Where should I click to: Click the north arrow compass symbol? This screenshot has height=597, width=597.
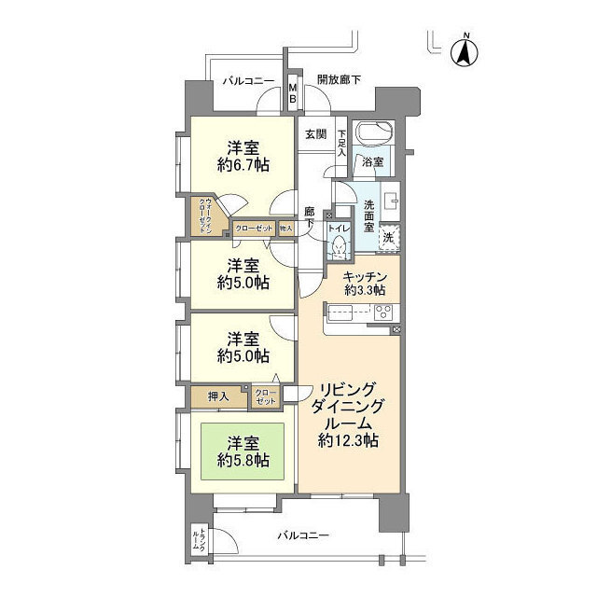pyautogui.click(x=464, y=51)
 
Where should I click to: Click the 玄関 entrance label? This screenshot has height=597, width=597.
pyautogui.click(x=314, y=133)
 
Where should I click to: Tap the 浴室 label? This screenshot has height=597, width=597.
pyautogui.click(x=372, y=162)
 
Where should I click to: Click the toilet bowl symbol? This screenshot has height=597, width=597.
pyautogui.click(x=339, y=246)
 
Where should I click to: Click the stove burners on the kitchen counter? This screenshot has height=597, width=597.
pyautogui.click(x=382, y=313)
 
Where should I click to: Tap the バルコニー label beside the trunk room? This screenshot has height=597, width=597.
pyautogui.click(x=303, y=536)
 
